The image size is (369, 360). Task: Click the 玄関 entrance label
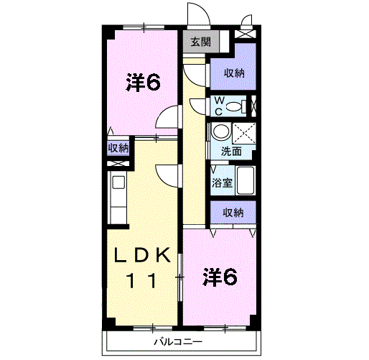coord(201,42)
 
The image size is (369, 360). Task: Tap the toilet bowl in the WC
coord(234,106)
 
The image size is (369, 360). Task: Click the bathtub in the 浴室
coord(245,180)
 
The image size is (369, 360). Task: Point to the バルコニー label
coord(178,341)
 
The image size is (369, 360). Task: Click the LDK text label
coord(142,255)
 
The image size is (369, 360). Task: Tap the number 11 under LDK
coord(141,280)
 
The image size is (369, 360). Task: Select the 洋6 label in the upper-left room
coord(143,82)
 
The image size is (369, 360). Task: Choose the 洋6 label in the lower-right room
coord(220,277)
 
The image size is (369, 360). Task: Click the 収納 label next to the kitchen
coord(118,148)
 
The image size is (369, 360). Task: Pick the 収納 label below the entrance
coord(234,73)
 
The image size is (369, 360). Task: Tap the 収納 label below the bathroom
coord(233,212)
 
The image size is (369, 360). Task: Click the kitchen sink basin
coord(118,183)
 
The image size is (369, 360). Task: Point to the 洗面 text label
coord(231,152)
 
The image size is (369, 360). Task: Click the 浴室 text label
coord(222,183)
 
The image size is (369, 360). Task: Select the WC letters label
coord(219,106)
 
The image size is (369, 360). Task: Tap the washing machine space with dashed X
coord(244,133)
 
